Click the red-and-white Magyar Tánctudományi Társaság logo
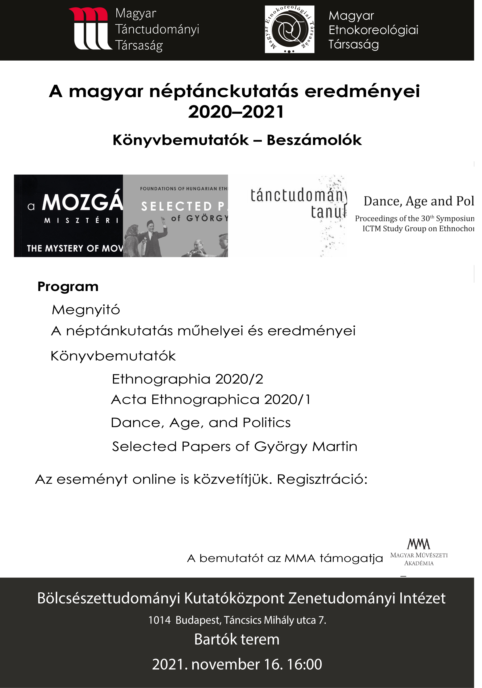click(x=91, y=28)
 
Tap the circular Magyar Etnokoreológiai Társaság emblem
click(x=289, y=29)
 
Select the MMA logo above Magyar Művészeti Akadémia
click(x=418, y=544)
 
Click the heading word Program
click(x=68, y=287)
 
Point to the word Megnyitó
click(x=86, y=310)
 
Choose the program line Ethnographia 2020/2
click(x=187, y=379)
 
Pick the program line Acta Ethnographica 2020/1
click(x=211, y=399)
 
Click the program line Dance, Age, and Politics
click(x=201, y=423)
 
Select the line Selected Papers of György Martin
click(x=235, y=446)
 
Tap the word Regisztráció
click(x=322, y=479)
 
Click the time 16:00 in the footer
click(x=304, y=664)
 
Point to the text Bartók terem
click(x=237, y=639)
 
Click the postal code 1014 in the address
click(x=160, y=620)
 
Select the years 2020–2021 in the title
click(x=236, y=112)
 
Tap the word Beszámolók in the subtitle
click(x=314, y=140)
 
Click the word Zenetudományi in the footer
click(x=342, y=598)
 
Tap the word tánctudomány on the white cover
click(x=299, y=195)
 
